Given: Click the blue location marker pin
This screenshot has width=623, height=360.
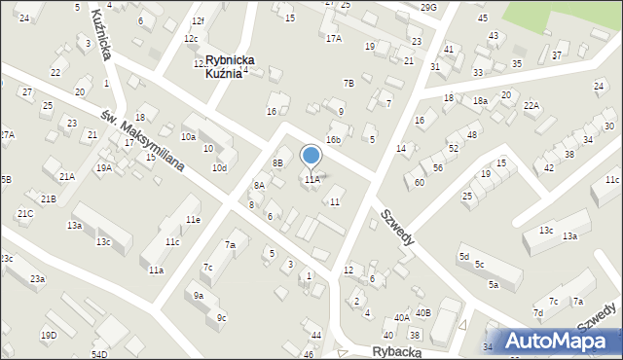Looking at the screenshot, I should [311, 156].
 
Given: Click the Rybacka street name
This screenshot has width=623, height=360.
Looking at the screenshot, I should [396, 351].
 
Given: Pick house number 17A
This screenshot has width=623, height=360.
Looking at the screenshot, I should [334, 38].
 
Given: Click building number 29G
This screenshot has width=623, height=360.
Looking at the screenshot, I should [429, 7].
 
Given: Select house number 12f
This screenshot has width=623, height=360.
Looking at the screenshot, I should [199, 20].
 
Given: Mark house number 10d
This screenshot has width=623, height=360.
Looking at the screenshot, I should [220, 168].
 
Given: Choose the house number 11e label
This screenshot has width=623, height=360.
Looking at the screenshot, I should [194, 220].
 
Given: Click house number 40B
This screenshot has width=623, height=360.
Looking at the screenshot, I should [422, 313].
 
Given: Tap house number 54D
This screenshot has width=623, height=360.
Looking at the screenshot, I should [98, 354].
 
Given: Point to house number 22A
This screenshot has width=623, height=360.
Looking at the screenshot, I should [531, 105].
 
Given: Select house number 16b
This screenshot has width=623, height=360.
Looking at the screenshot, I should [334, 140].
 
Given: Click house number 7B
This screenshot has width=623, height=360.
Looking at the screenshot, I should [348, 83].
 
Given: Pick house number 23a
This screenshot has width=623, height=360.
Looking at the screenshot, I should [37, 279].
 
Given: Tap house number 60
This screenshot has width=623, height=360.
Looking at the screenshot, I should [420, 182].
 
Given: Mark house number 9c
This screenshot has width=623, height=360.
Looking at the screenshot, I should [222, 317].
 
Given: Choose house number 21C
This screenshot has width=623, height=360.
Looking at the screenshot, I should [25, 213].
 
